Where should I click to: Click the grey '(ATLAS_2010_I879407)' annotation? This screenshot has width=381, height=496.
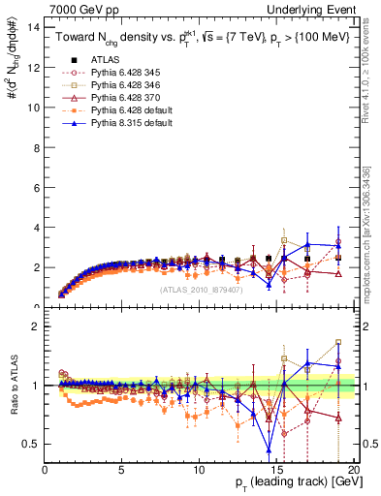200,288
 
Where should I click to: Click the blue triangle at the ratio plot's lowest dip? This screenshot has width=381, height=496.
270,449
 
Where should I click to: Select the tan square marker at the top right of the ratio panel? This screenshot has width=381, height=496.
337,342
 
